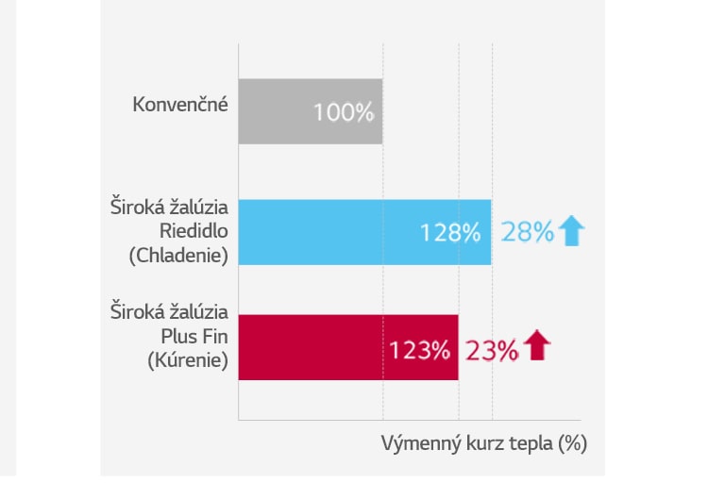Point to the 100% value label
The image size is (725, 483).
click(344, 113)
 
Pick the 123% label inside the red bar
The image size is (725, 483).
click(419, 351)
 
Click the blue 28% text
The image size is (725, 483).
click(527, 232)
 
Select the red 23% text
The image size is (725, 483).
click(491, 351)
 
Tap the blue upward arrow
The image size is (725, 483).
click(572, 231)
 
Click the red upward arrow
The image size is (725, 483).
click(536, 346)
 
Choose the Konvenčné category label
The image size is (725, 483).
click(180, 104)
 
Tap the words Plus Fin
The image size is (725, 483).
click(195, 336)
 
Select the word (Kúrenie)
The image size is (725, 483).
click(189, 359)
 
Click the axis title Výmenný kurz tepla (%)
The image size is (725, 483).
click(484, 443)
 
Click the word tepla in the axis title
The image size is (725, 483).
click(531, 443)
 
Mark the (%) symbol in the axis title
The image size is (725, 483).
click(573, 443)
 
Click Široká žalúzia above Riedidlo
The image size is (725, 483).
click(170, 207)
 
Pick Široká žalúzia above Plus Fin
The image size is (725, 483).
click(170, 312)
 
